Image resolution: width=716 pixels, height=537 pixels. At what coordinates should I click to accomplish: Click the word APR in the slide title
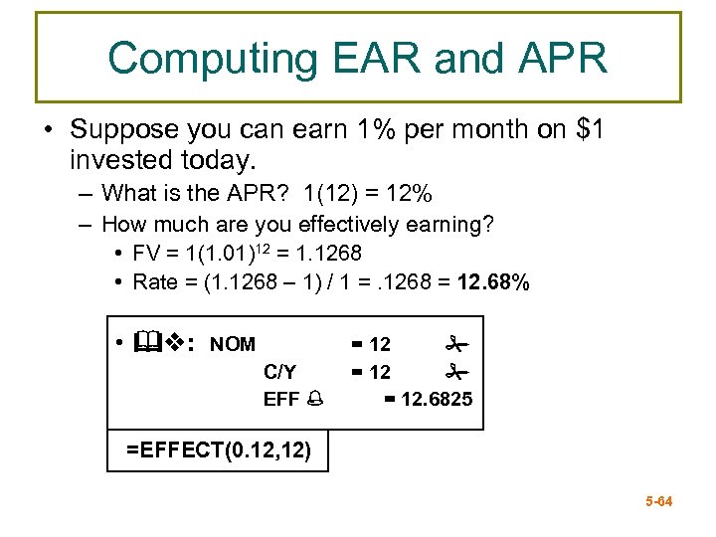click(x=559, y=59)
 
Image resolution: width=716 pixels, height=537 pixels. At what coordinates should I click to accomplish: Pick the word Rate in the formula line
click(x=154, y=282)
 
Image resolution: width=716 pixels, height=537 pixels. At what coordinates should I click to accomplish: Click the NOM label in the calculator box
click(x=233, y=345)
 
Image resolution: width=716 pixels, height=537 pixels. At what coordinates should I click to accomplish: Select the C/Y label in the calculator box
click(x=279, y=372)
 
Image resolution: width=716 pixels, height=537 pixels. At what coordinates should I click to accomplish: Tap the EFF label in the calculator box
click(x=280, y=399)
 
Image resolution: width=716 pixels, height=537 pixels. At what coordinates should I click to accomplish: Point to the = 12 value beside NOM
click(x=371, y=345)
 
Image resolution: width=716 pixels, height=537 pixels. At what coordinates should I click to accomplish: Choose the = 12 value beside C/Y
click(x=371, y=372)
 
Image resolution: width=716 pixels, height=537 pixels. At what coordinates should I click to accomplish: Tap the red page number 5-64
click(x=657, y=501)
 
